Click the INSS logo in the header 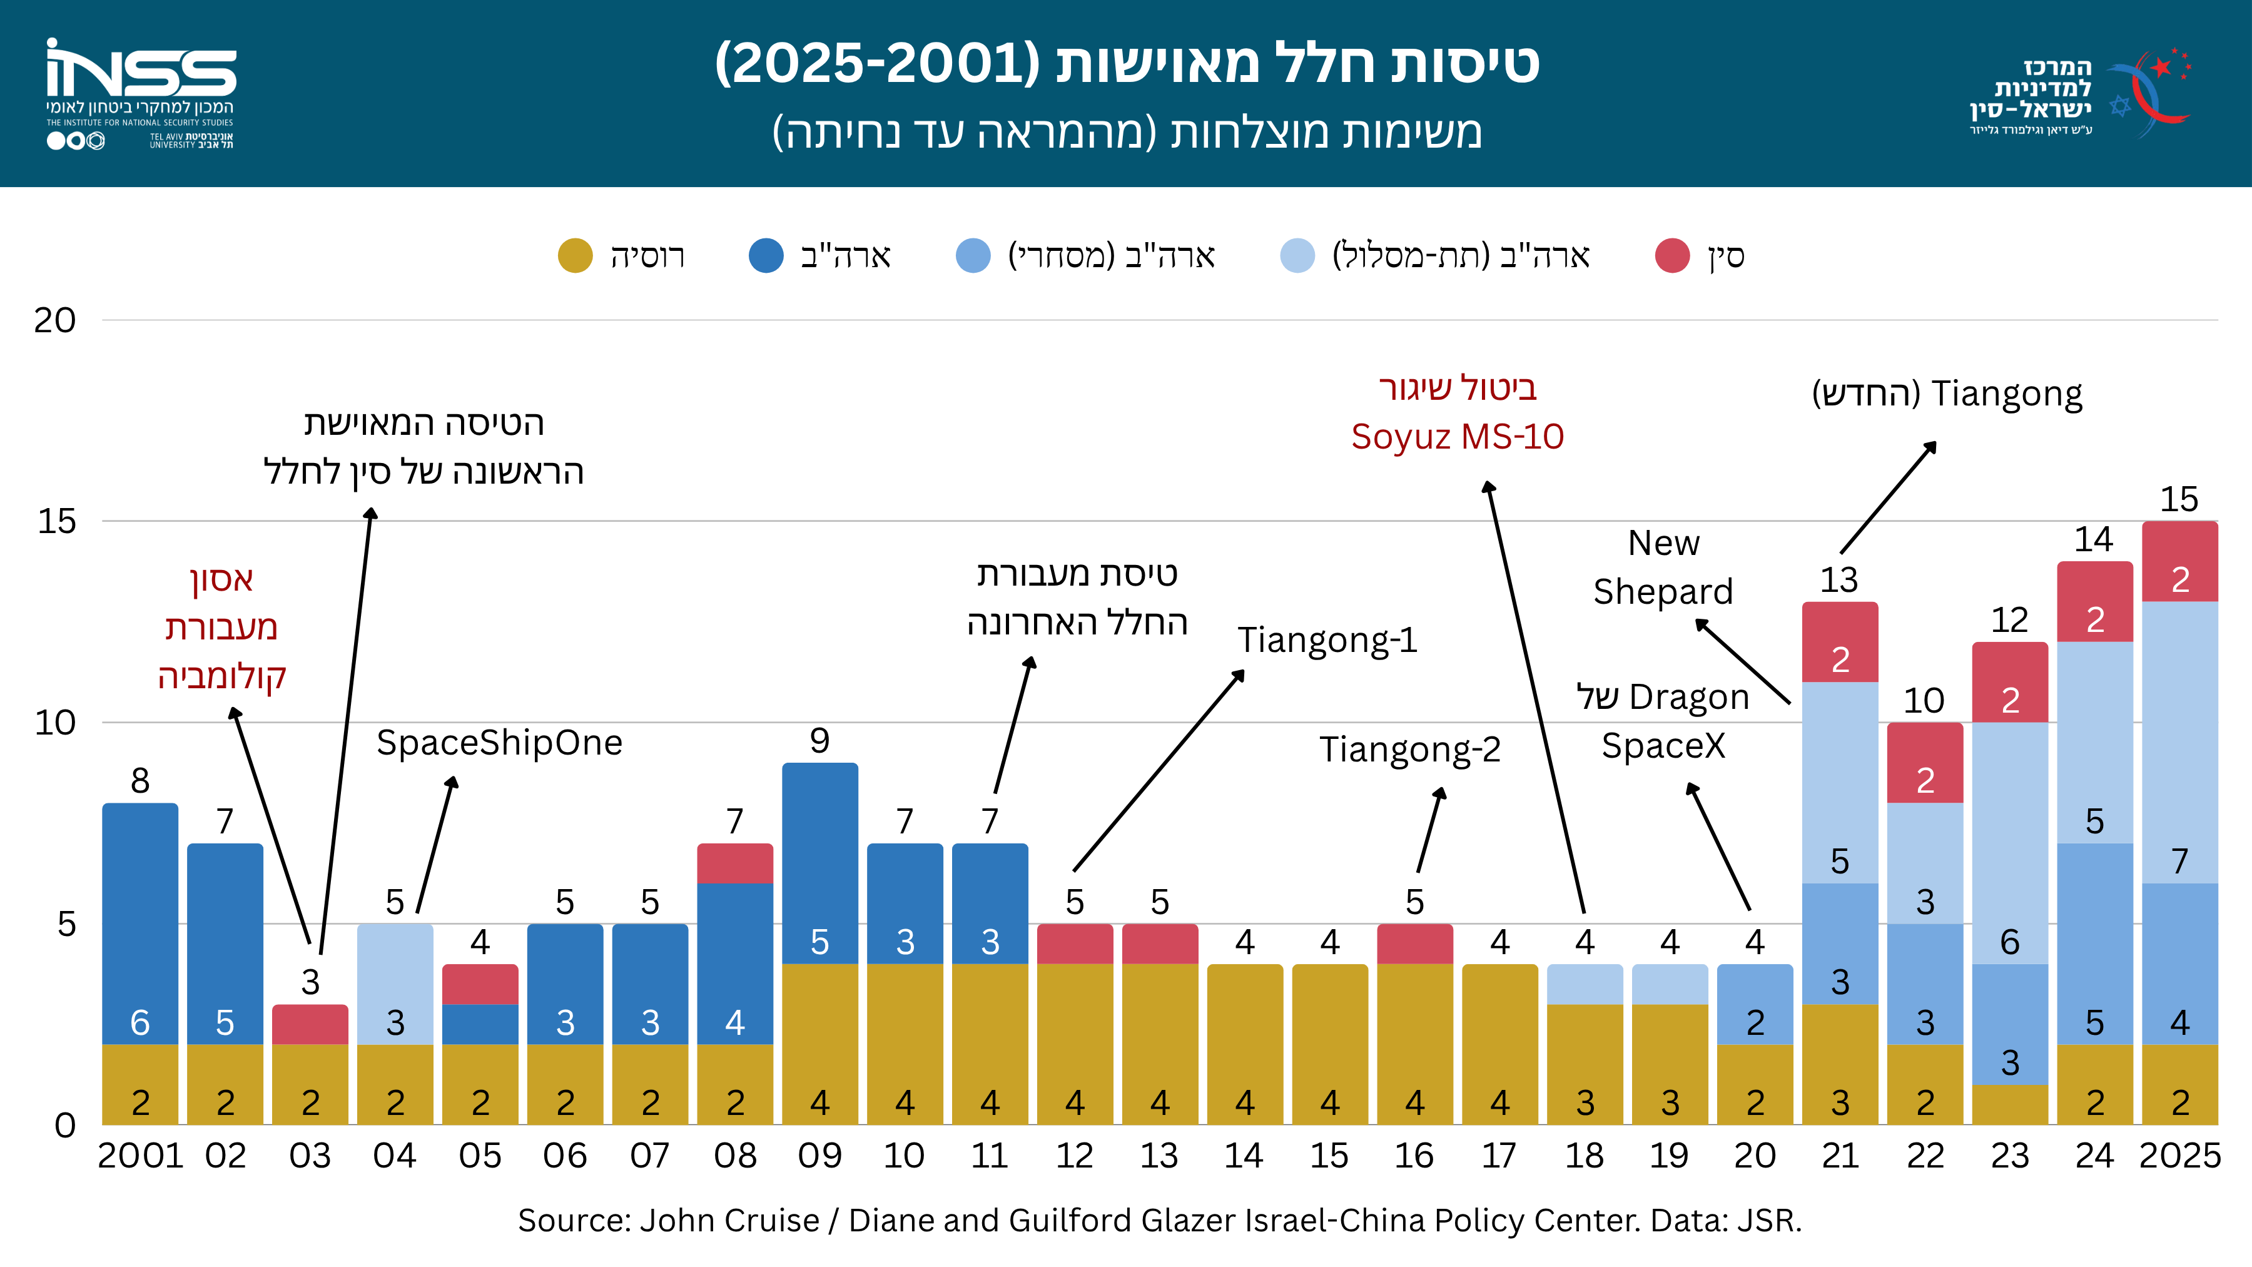pyautogui.click(x=141, y=94)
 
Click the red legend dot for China pyautogui.click(x=1671, y=255)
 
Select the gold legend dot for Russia pyautogui.click(x=574, y=255)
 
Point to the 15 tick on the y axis pyautogui.click(x=57, y=521)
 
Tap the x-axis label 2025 pyautogui.click(x=2179, y=1156)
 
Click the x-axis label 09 pyautogui.click(x=819, y=1156)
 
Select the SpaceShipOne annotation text pyautogui.click(x=499, y=743)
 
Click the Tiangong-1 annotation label pyautogui.click(x=1327, y=640)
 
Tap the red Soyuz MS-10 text pyautogui.click(x=1458, y=436)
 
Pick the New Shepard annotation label pyautogui.click(x=1663, y=567)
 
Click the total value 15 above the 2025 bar pyautogui.click(x=2179, y=499)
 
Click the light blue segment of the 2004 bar pyautogui.click(x=395, y=985)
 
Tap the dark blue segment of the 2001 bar pyautogui.click(x=140, y=924)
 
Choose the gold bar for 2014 pyautogui.click(x=1245, y=1045)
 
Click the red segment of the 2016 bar pyautogui.click(x=1414, y=944)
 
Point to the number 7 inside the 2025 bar pyautogui.click(x=2179, y=862)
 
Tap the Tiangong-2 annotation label pyautogui.click(x=1409, y=750)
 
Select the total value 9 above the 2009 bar pyautogui.click(x=819, y=741)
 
